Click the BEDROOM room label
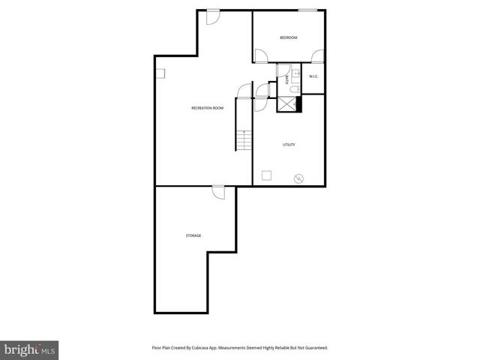pyautogui.click(x=289, y=38)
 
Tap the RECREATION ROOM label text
pyautogui.click(x=207, y=108)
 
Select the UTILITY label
pyautogui.click(x=289, y=145)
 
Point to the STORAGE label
pyautogui.click(x=193, y=235)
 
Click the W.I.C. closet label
pyautogui.click(x=313, y=76)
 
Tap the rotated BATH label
pyautogui.click(x=286, y=78)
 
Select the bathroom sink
pyautogui.click(x=295, y=73)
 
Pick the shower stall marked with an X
pyautogui.click(x=286, y=104)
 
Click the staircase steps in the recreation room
pyautogui.click(x=244, y=140)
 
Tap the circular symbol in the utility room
pyautogui.click(x=298, y=178)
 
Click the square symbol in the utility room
pyautogui.click(x=266, y=175)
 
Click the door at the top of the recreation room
pyautogui.click(x=213, y=16)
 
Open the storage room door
pyautogui.click(x=218, y=192)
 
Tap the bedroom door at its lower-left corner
pyautogui.click(x=260, y=56)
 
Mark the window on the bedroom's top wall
pyautogui.click(x=307, y=10)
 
